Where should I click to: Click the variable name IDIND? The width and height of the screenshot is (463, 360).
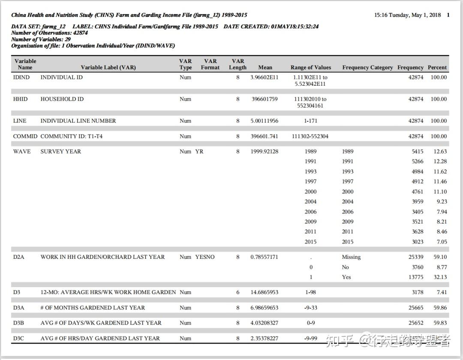click(21, 78)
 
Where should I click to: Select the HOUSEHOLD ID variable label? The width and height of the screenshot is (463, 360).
click(62, 99)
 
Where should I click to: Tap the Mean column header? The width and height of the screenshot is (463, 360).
click(265, 67)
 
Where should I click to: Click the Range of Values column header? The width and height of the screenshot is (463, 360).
click(310, 67)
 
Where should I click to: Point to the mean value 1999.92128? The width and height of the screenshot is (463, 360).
click(264, 151)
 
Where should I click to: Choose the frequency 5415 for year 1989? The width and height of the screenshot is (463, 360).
click(417, 151)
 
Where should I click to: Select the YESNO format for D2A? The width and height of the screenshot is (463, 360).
click(205, 257)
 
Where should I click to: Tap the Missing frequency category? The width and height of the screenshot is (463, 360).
click(351, 257)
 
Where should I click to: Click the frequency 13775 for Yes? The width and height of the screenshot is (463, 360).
click(415, 277)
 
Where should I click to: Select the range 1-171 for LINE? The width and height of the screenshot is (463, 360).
click(310, 121)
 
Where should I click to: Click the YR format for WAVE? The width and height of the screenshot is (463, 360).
click(199, 151)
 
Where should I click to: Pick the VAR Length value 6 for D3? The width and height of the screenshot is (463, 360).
click(238, 292)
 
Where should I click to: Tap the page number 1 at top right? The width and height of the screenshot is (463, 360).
click(448, 15)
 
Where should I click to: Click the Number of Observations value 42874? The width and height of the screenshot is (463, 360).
click(80, 33)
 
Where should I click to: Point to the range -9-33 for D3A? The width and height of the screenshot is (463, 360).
click(310, 308)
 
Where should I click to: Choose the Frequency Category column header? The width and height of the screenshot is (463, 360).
click(367, 67)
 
